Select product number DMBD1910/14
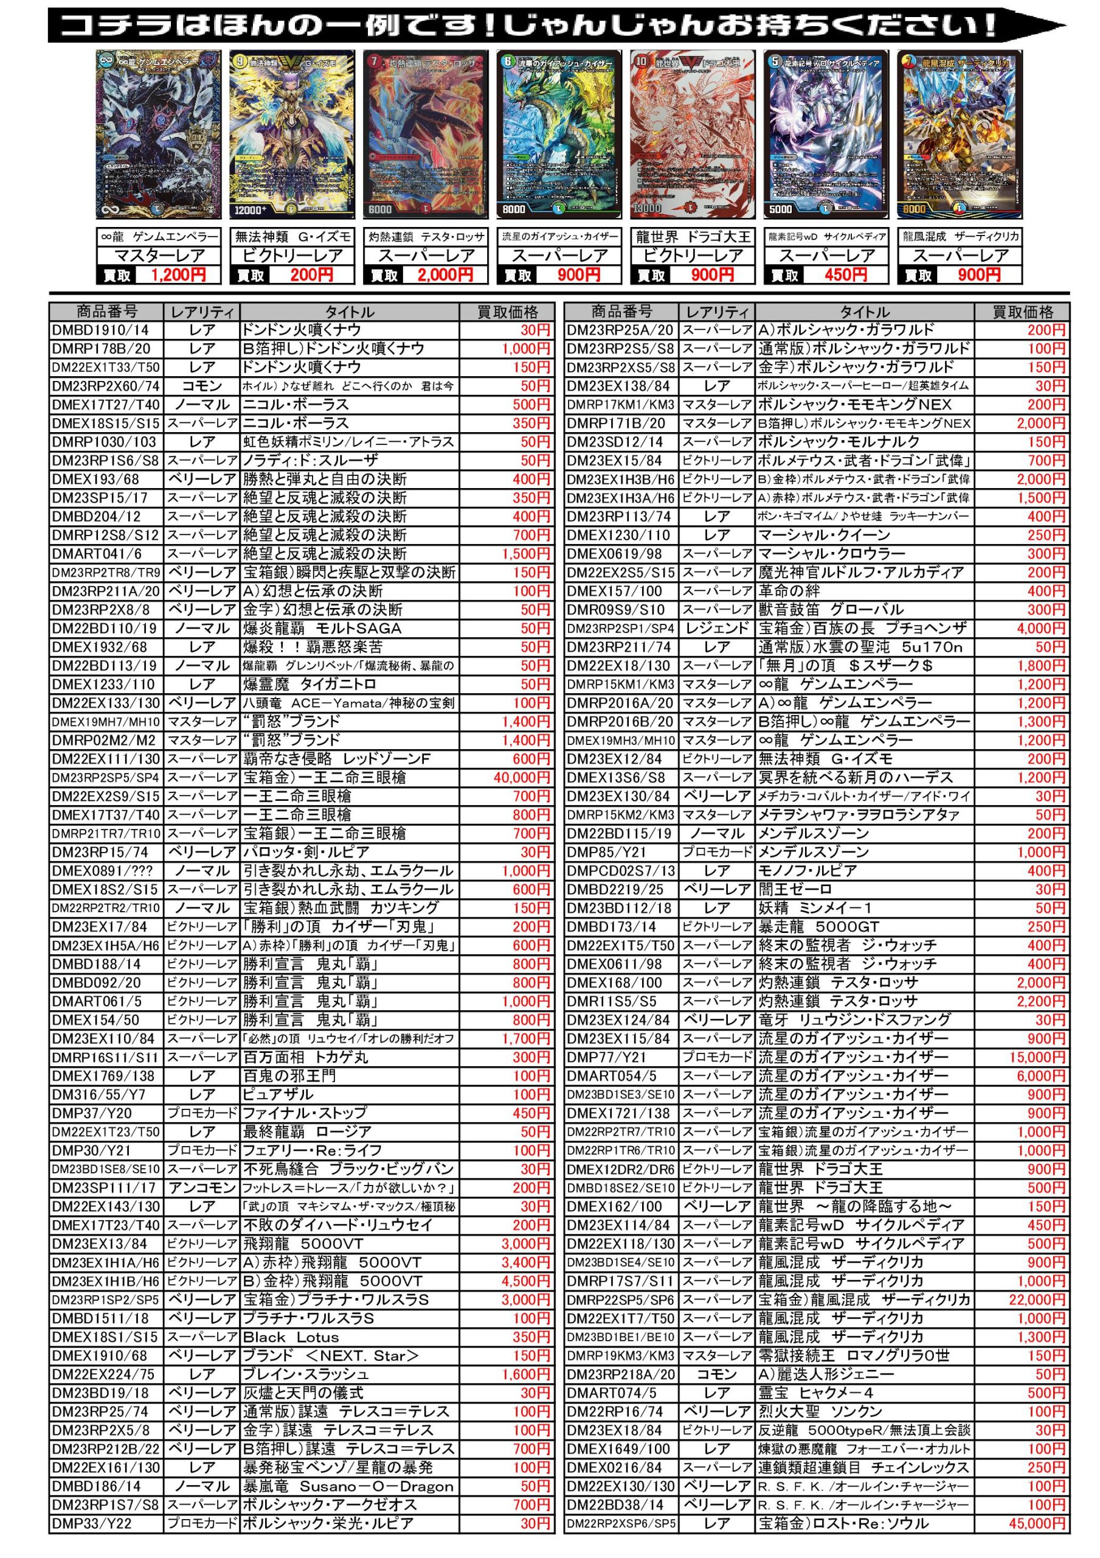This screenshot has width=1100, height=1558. pyautogui.click(x=100, y=330)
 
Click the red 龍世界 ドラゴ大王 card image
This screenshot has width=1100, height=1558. pyautogui.click(x=693, y=134)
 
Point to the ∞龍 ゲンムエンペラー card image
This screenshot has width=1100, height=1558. pyautogui.click(x=159, y=134)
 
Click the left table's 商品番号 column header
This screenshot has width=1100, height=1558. pyautogui.click(x=106, y=312)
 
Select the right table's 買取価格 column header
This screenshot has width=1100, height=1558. pyautogui.click(x=1022, y=312)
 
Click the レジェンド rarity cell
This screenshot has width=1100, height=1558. pyautogui.click(x=717, y=628)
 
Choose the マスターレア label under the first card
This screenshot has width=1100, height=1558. pyautogui.click(x=159, y=256)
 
